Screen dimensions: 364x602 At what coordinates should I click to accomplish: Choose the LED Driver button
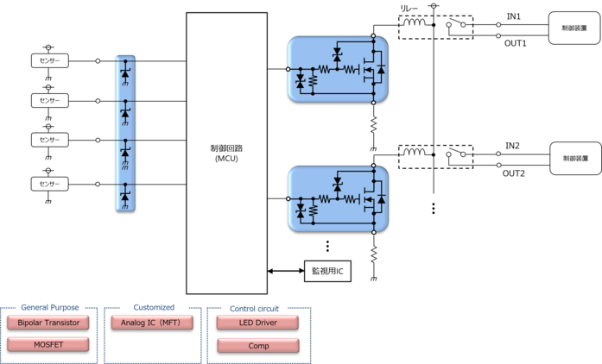257,323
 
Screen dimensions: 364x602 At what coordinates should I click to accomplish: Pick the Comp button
257,346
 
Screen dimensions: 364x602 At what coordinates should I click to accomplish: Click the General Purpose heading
50,307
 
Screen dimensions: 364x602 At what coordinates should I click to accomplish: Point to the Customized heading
154,307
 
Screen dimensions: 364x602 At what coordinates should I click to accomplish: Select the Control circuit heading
257,308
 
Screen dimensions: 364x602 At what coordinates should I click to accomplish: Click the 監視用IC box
328,271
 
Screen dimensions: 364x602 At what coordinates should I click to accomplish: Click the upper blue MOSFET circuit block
337,68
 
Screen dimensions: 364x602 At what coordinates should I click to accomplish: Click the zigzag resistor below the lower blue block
373,253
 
